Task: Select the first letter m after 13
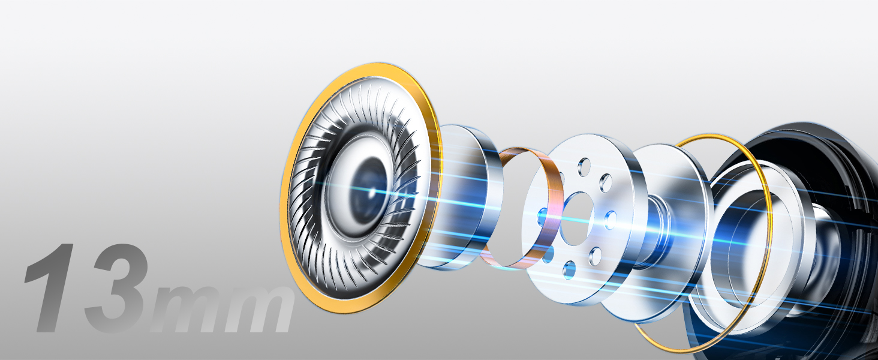[x=188, y=310]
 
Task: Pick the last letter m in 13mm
[x=258, y=310]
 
